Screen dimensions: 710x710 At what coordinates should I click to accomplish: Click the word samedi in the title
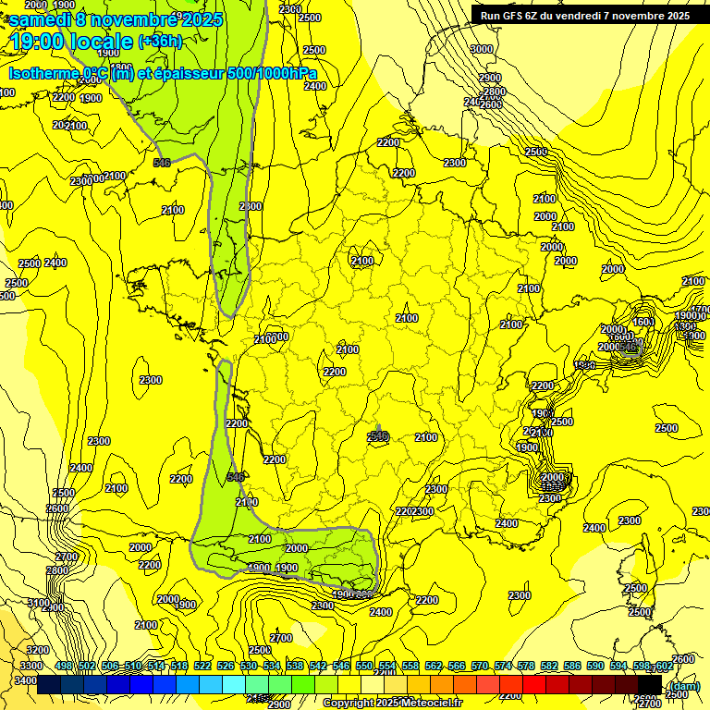point(42,19)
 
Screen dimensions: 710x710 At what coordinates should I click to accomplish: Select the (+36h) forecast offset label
point(160,41)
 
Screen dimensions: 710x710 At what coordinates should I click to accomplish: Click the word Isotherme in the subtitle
point(43,74)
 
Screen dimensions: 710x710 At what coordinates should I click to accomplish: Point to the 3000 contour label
point(481,49)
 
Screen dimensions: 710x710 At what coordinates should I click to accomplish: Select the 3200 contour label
point(37,650)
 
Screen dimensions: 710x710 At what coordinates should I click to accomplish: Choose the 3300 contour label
point(31,666)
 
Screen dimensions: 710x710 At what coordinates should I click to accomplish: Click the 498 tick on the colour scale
point(64,666)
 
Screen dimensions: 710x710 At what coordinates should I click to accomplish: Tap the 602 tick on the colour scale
point(663,666)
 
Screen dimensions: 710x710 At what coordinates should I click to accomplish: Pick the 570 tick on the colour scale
point(480,666)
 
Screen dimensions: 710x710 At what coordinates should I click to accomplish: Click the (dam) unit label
point(684,685)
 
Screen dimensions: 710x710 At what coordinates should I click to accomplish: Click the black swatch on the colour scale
point(650,684)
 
